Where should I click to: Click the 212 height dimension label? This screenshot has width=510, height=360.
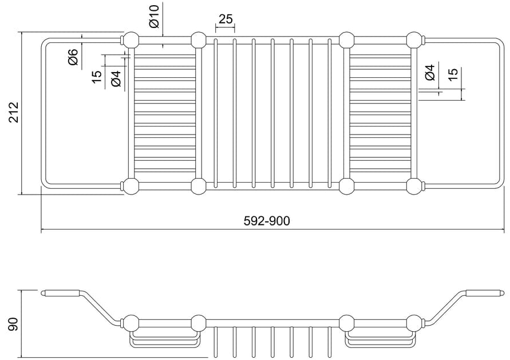tap(14, 113)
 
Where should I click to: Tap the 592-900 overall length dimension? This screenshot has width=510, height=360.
tap(266, 221)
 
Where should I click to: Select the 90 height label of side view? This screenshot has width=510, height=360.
tap(14, 324)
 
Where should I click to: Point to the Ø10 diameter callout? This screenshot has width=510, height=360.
tap(154, 16)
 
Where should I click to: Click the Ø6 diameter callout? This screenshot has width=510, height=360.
tap(73, 57)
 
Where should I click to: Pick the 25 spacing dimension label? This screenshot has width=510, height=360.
tap(226, 19)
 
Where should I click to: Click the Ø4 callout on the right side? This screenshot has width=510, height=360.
tap(430, 73)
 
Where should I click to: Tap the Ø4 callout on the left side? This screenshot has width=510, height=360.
tap(116, 78)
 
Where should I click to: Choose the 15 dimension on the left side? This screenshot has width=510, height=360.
tap(97, 77)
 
